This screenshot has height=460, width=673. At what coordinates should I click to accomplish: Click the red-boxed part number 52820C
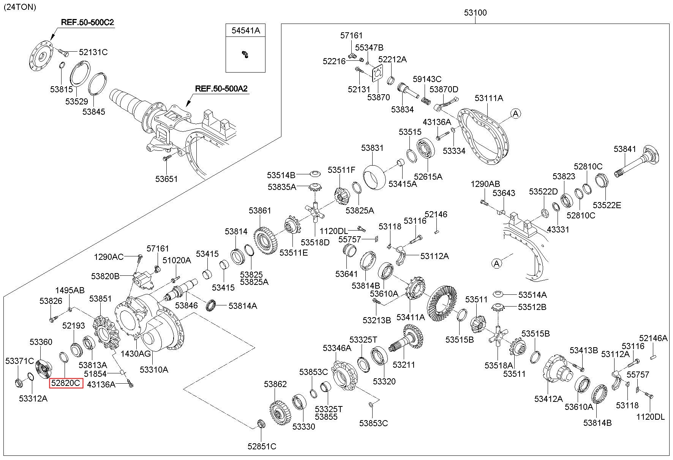coord(66,383)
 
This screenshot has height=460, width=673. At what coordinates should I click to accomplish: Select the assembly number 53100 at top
coord(475,13)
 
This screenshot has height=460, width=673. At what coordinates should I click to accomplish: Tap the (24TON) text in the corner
coord(20,7)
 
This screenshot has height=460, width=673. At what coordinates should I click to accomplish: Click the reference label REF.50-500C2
coord(87,22)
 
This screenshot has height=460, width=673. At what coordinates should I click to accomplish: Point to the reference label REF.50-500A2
coord(221,89)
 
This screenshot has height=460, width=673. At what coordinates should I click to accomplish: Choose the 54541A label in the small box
coord(246,31)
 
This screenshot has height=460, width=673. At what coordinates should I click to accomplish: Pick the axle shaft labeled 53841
coord(638,161)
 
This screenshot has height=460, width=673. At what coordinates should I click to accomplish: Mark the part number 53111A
coord(489,98)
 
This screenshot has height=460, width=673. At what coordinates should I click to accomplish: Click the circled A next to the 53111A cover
coord(515,113)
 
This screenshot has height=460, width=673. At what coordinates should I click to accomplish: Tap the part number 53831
coord(372,148)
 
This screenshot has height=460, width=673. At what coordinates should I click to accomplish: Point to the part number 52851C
coord(262,446)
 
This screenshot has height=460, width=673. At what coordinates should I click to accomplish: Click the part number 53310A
coord(154,369)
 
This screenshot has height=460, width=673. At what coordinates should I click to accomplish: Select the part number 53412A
coord(548,399)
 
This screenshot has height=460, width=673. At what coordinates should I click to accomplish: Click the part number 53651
coord(166,179)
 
